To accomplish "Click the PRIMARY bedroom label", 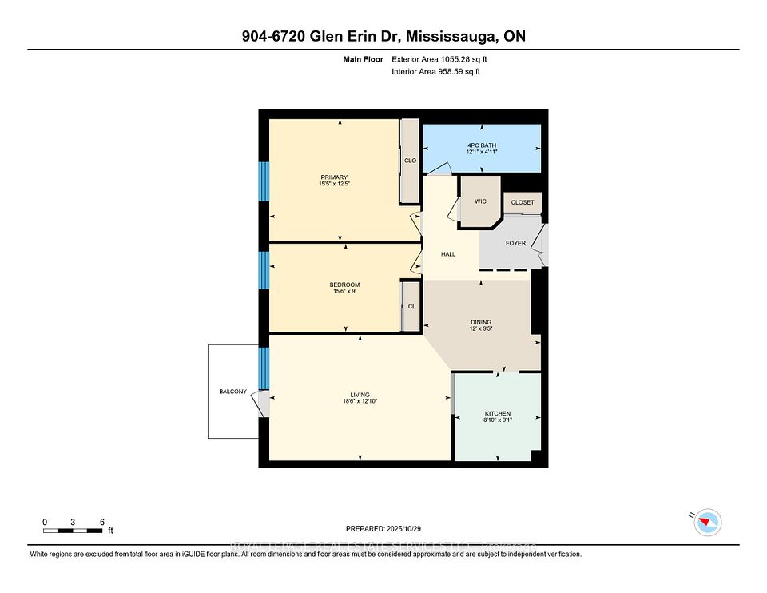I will [334, 177].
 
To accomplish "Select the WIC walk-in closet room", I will [480, 201].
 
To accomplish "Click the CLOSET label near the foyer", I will [523, 202].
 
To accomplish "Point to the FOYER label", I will [515, 243].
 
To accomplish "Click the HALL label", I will [448, 254].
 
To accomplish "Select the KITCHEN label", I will [497, 413].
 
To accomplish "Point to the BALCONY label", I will [233, 392].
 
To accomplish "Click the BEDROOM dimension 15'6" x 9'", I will [344, 292].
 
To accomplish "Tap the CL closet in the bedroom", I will [411, 305].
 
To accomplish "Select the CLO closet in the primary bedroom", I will [410, 161].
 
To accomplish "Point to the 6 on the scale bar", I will [102, 522].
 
